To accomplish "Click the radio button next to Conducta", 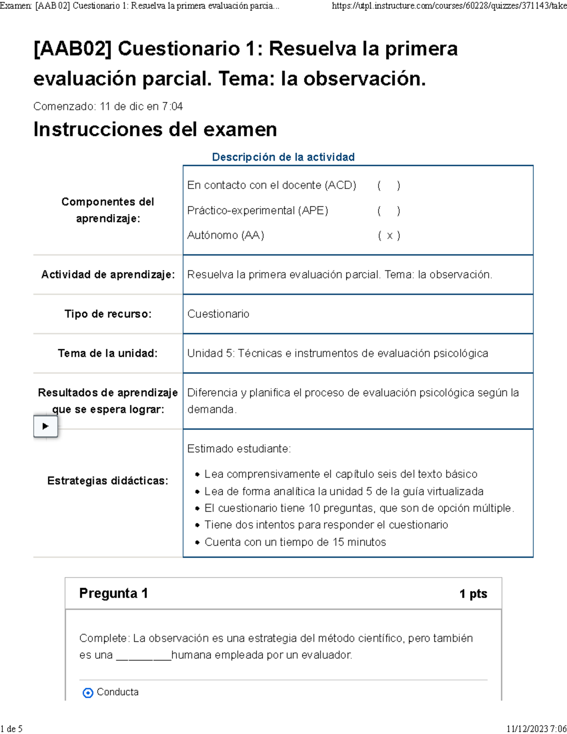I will [x=88, y=693].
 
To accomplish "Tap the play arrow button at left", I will [x=45, y=426].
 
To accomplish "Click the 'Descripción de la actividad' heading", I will [x=283, y=157].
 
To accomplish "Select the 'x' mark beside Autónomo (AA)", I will [x=389, y=235].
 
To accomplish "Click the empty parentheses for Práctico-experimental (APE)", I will [x=388, y=210].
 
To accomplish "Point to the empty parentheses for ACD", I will [x=388, y=185].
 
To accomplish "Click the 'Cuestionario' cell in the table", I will [x=218, y=314].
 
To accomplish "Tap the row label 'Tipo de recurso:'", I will [x=108, y=314].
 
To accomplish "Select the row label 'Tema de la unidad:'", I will [x=108, y=353].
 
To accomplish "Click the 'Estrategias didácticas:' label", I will [x=108, y=481].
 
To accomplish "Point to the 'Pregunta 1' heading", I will [x=113, y=593].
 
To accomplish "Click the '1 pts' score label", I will [x=473, y=594].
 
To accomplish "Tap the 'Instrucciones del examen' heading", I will [x=155, y=129].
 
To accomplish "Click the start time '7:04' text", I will [x=172, y=106].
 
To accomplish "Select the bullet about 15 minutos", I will [x=295, y=542].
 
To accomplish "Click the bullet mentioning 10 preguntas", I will [x=359, y=508].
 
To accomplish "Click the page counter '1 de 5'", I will [x=12, y=728].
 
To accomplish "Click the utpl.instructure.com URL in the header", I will [x=449, y=6].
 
